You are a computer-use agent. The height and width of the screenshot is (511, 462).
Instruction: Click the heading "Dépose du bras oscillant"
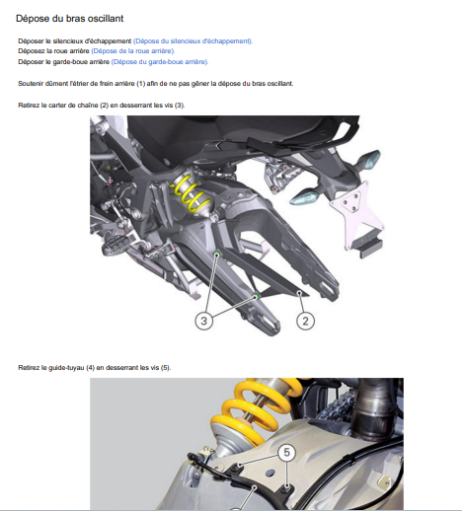click(x=69, y=18)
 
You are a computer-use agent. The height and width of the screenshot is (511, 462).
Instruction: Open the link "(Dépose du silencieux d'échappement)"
click(x=192, y=41)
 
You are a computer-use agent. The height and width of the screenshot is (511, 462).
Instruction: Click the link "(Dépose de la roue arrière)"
click(x=133, y=51)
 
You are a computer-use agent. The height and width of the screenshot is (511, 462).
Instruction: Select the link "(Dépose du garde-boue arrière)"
click(x=160, y=62)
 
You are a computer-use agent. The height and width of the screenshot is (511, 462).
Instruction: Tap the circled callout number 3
click(x=203, y=321)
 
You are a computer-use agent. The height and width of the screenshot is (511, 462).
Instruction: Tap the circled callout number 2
click(x=305, y=321)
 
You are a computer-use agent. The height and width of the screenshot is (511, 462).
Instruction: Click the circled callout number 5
click(x=286, y=453)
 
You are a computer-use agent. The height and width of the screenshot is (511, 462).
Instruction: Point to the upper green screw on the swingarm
click(x=217, y=254)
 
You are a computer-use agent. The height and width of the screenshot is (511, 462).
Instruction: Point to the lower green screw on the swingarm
click(x=256, y=296)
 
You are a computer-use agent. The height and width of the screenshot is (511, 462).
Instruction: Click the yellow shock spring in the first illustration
click(x=191, y=194)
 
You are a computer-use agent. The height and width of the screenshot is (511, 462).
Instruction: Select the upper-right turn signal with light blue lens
click(x=368, y=160)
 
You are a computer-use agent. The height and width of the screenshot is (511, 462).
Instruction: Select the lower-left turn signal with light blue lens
click(x=305, y=197)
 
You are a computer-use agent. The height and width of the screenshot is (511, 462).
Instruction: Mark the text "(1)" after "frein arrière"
click(x=140, y=84)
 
